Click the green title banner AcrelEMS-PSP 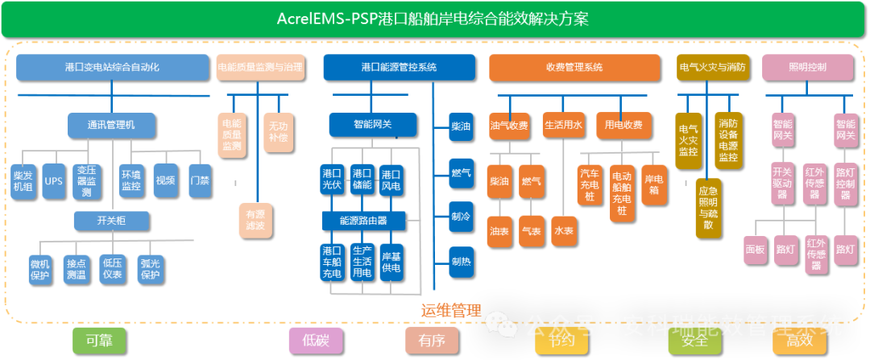(434, 19)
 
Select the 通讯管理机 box (110, 125)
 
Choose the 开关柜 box (110, 220)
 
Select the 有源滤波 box (255, 221)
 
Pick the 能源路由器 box (363, 220)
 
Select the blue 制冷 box (461, 217)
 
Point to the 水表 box (564, 231)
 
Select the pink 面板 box (755, 250)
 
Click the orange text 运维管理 (451, 310)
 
